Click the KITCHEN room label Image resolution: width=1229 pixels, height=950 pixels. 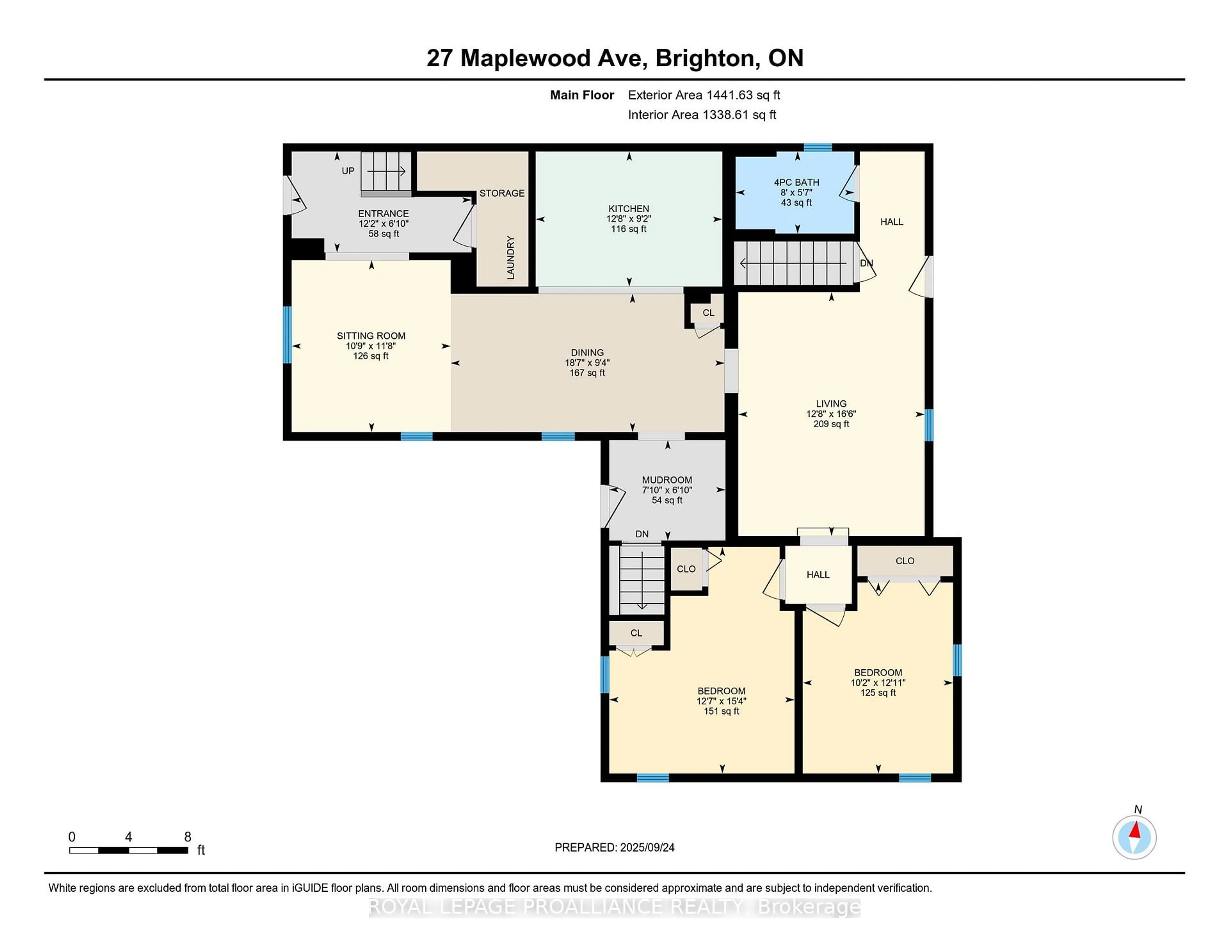629,209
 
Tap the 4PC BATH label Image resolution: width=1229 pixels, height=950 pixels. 796,182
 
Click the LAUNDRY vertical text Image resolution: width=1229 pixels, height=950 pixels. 510,258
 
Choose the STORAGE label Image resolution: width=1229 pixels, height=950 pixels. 502,193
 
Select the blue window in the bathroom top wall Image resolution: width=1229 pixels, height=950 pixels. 817,148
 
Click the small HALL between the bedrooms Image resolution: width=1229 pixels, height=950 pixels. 818,575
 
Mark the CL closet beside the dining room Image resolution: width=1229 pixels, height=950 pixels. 708,313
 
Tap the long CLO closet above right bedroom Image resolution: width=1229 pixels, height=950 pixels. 904,561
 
